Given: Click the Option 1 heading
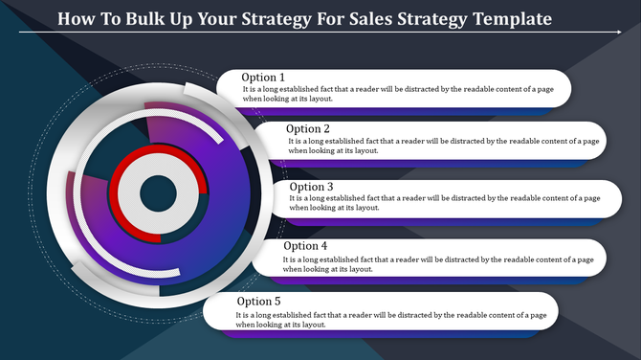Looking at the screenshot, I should point(263,78).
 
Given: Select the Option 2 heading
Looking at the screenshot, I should point(310,128).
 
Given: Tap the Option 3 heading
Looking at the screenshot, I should point(311,187).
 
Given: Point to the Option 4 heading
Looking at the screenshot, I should point(304,246).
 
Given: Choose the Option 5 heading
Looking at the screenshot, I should point(259,302).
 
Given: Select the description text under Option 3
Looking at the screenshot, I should point(444,202).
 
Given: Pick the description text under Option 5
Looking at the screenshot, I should point(392,319).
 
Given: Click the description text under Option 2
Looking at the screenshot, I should point(444,145).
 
